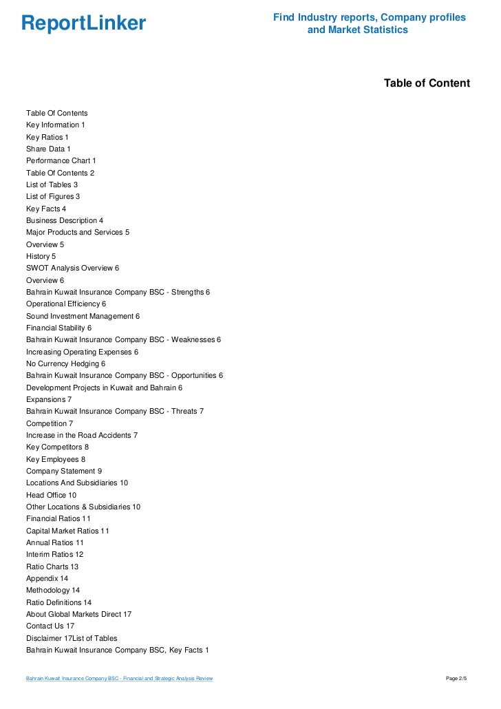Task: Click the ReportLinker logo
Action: pyautogui.click(x=84, y=23)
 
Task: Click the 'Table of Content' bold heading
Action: pyautogui.click(x=427, y=83)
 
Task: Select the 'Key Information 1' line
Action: pyautogui.click(x=56, y=125)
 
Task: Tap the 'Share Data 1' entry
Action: pyautogui.click(x=48, y=149)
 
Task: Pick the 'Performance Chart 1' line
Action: pyautogui.click(x=61, y=160)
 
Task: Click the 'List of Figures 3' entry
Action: pyautogui.click(x=53, y=196)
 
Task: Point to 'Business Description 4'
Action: pyautogui.click(x=65, y=220)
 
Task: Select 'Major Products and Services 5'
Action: pyautogui.click(x=78, y=232)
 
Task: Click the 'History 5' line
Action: pyautogui.click(x=41, y=256)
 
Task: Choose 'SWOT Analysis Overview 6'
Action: pyautogui.click(x=73, y=268)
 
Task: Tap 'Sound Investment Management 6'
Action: pyautogui.click(x=83, y=316)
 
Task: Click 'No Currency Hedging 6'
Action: pyautogui.click(x=65, y=363)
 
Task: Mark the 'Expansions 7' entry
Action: pyautogui.click(x=49, y=399)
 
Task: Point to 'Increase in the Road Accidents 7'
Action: pyautogui.click(x=82, y=435)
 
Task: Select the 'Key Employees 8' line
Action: pyautogui.click(x=56, y=459)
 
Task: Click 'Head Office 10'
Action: pyautogui.click(x=52, y=495)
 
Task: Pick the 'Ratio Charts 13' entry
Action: pyautogui.click(x=52, y=567)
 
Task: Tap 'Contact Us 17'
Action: pyautogui.click(x=50, y=626)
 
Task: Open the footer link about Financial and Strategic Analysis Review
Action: pyautogui.click(x=119, y=679)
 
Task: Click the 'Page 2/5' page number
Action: pyautogui.click(x=456, y=679)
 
